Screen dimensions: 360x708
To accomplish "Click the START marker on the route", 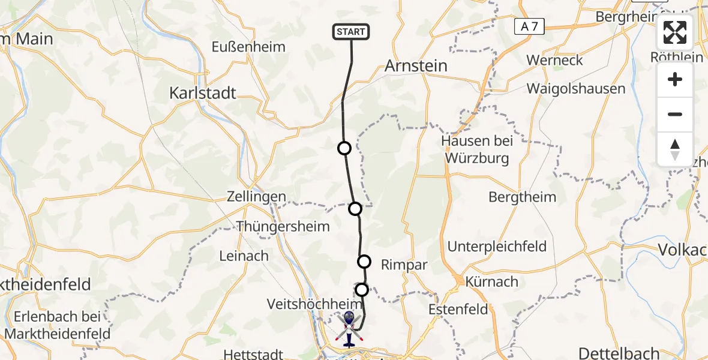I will [x=351, y=32].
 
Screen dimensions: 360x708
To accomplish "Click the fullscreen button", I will [x=675, y=32].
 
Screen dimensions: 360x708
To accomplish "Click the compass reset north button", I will [x=675, y=149].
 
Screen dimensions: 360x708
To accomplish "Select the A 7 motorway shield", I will [x=529, y=26].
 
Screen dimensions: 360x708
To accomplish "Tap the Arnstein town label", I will [x=416, y=65].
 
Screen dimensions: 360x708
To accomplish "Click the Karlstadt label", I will [x=203, y=93].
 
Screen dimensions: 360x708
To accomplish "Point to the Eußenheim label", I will [x=248, y=47].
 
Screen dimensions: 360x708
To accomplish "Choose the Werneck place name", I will [x=554, y=60].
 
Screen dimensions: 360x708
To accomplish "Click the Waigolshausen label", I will [x=576, y=89].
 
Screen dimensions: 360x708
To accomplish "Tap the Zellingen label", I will [x=256, y=197].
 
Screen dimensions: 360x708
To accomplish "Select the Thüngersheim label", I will [x=283, y=226].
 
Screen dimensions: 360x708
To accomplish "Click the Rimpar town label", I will [x=404, y=265].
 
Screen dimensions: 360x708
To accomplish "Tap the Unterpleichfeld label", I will [x=497, y=246].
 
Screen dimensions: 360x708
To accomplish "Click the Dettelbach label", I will [x=619, y=353].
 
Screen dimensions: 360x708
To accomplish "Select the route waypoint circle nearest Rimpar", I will [x=364, y=262].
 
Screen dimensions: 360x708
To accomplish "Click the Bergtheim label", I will [x=522, y=197].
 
